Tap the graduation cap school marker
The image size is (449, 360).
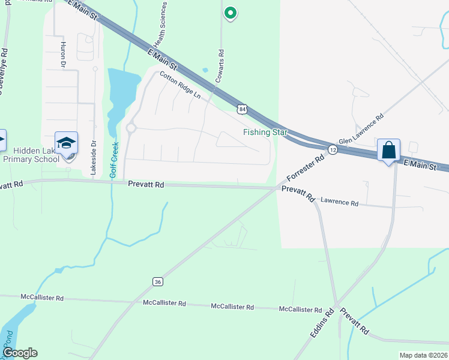click(x=67, y=143)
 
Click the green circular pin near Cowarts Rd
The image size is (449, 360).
click(x=229, y=13)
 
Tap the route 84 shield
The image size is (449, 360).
click(x=241, y=109)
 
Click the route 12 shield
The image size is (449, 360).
click(x=332, y=148)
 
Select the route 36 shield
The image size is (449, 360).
click(x=157, y=281)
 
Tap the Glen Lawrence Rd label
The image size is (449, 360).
click(x=361, y=130)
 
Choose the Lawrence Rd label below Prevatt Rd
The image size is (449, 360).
click(x=339, y=203)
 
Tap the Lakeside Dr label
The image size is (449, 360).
click(x=93, y=158)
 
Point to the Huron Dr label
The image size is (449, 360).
click(x=62, y=53)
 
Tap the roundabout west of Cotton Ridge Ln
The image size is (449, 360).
click(x=131, y=128)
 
